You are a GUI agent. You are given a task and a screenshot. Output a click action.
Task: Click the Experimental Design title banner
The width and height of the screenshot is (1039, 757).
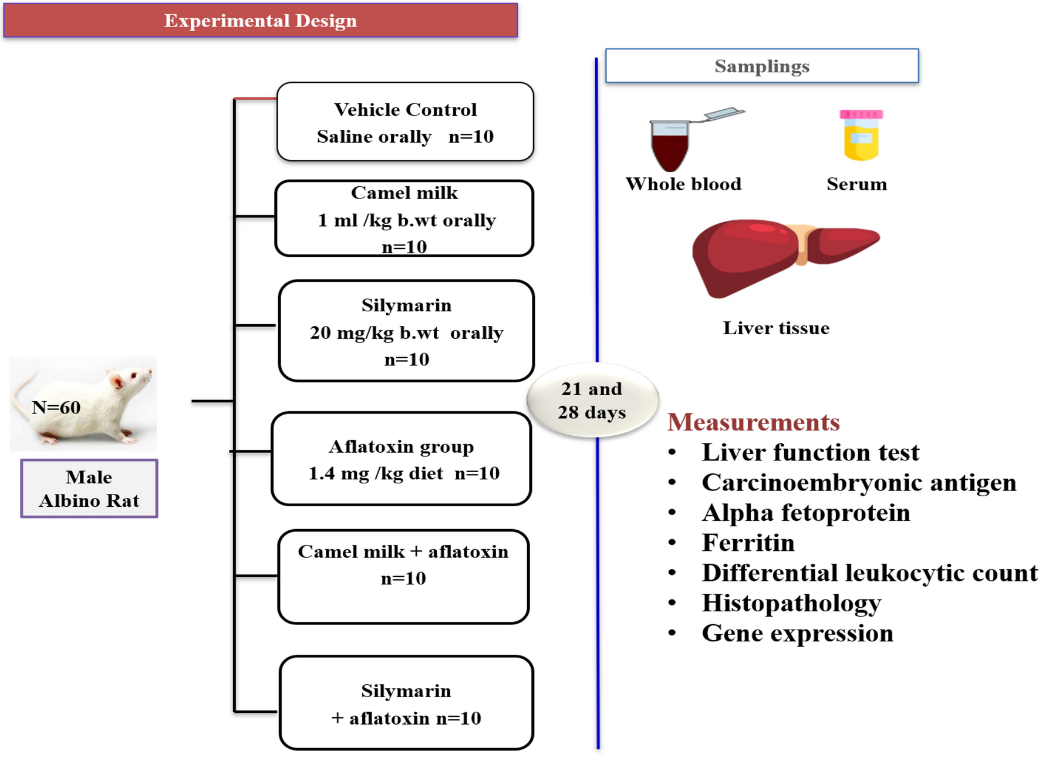click(260, 21)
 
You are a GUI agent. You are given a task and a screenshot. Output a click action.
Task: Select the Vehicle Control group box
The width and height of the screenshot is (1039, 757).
click(405, 122)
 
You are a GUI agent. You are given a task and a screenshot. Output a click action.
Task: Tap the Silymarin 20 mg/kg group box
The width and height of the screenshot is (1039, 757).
click(406, 331)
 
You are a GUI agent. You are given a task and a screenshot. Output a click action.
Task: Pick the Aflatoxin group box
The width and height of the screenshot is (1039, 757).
click(402, 459)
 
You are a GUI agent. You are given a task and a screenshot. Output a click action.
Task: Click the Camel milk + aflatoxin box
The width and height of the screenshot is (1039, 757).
click(403, 576)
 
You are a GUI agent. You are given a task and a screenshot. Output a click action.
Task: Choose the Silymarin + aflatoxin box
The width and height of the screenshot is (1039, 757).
click(406, 703)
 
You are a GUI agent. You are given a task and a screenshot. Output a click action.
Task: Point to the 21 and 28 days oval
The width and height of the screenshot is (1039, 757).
click(592, 401)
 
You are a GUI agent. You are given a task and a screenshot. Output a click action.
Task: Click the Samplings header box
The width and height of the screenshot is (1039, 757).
click(761, 66)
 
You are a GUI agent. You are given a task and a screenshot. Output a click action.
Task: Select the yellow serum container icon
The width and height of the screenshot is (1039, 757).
click(861, 136)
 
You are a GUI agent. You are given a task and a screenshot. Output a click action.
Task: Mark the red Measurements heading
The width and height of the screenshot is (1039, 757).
click(753, 422)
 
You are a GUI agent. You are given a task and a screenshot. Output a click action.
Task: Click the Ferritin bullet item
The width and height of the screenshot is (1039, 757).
click(748, 543)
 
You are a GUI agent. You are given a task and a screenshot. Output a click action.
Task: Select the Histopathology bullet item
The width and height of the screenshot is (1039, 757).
click(791, 603)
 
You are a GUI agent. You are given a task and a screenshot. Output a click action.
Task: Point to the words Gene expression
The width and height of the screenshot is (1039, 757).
click(797, 633)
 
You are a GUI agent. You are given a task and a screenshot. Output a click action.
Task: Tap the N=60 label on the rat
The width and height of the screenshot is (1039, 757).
click(56, 407)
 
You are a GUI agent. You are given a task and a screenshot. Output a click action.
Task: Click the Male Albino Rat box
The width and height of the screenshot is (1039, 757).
click(89, 489)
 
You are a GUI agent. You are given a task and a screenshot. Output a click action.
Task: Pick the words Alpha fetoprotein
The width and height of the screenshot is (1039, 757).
click(805, 513)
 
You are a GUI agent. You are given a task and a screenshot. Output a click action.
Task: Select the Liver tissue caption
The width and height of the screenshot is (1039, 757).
click(775, 328)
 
